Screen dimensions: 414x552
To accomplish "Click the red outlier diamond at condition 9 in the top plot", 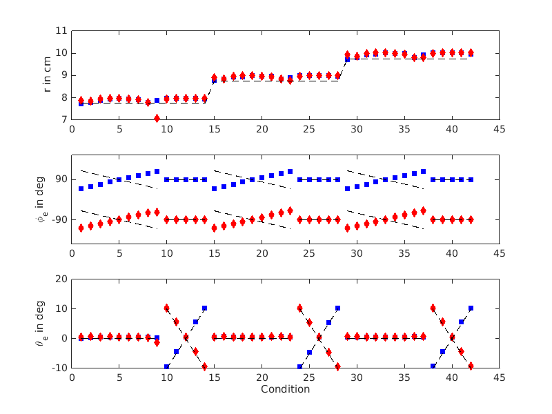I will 157,118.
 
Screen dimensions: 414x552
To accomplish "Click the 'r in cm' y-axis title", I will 48,75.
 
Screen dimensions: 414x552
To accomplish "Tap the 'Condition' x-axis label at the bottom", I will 285,389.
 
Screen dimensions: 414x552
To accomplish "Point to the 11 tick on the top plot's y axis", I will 60,30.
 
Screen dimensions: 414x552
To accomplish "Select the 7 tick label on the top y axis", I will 63,119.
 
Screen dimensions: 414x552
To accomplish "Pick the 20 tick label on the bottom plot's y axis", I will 60,279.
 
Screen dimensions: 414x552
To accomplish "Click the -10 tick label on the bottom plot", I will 58,368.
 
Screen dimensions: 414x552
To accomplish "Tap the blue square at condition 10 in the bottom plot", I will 166,366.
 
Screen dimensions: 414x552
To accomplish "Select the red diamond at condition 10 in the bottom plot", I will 166,308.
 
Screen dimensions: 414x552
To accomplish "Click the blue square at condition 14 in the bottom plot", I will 204,308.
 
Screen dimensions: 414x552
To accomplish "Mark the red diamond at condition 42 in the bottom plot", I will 471,366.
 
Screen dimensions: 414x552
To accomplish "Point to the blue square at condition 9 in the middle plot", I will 157,171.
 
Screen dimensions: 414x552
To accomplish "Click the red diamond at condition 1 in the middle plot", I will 81,228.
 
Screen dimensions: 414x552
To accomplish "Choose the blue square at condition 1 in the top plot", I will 81,103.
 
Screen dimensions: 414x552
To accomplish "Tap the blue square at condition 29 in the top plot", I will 347,59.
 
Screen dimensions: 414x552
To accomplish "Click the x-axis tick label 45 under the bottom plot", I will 499,378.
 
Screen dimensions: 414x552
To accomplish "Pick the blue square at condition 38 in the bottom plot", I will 433,366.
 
